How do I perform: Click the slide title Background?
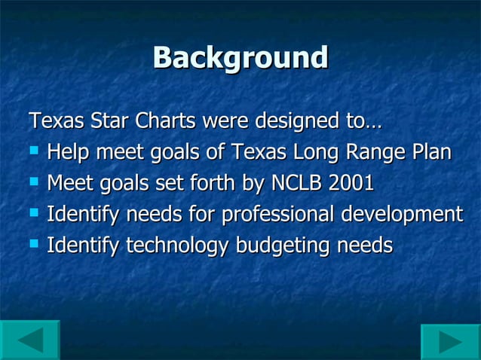tap(240, 58)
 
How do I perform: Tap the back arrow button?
tap(30, 340)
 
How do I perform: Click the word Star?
tap(109, 121)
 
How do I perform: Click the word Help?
tap(67, 152)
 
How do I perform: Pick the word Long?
tap(319, 152)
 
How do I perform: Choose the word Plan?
tap(432, 152)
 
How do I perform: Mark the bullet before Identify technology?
tap(32, 244)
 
